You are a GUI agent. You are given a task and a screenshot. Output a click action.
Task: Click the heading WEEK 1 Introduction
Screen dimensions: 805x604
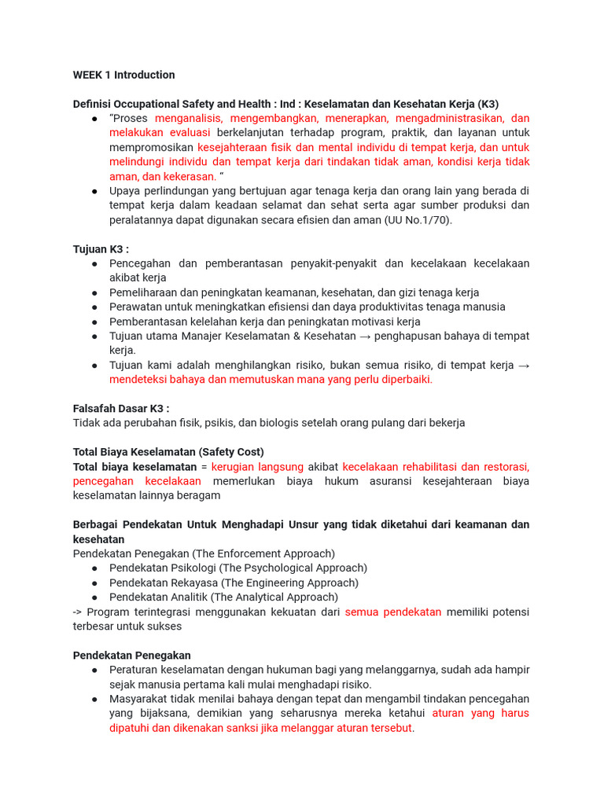tap(123, 75)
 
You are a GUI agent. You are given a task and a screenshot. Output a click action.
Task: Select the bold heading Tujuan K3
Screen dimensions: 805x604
tap(101, 249)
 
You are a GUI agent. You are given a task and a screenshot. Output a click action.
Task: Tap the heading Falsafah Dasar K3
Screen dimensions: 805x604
tap(121, 408)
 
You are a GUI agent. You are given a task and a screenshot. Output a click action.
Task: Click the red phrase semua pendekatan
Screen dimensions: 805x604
tap(393, 612)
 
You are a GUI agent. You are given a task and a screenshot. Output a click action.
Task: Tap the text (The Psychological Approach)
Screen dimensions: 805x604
tap(293, 568)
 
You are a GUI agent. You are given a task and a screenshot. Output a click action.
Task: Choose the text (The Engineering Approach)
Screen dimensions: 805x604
tap(289, 583)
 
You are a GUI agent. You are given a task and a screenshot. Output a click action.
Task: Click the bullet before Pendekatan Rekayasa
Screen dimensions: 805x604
tap(94, 583)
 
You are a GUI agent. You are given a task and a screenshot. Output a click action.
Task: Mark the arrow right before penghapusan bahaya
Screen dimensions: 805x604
tap(366, 336)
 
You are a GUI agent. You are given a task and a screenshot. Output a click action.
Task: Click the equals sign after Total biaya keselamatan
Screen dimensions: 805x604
tap(204, 466)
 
